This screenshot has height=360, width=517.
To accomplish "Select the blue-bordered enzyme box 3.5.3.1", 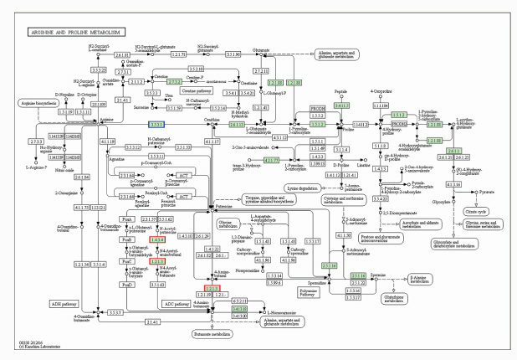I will click(156, 123).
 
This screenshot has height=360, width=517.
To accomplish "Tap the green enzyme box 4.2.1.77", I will click(271, 159).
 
